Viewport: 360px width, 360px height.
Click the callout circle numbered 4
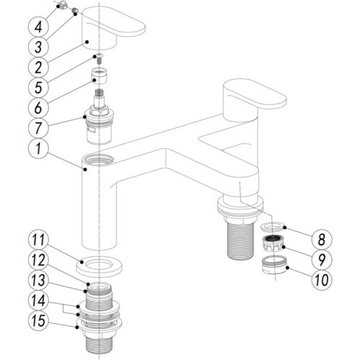[x=38, y=27]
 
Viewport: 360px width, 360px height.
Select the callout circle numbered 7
[x=38, y=127]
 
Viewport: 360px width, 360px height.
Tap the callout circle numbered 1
[x=38, y=148]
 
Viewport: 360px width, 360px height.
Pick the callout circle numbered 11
[x=38, y=240]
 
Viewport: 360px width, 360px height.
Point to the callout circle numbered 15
[x=38, y=320]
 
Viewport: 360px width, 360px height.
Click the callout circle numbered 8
[x=322, y=239]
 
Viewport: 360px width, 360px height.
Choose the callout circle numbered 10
[x=322, y=280]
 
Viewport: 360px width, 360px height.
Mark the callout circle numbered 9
[x=322, y=259]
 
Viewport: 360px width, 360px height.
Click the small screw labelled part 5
[x=99, y=59]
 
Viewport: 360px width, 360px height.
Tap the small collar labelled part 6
[x=99, y=76]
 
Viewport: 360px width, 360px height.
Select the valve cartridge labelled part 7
[x=99, y=117]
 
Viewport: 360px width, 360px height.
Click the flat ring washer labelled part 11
[x=99, y=266]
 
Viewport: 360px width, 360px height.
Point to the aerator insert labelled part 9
[x=273, y=243]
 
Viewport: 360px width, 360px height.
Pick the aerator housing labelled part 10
[x=274, y=265]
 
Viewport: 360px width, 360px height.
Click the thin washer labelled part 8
[x=272, y=227]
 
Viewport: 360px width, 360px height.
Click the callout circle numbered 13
[x=38, y=280]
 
